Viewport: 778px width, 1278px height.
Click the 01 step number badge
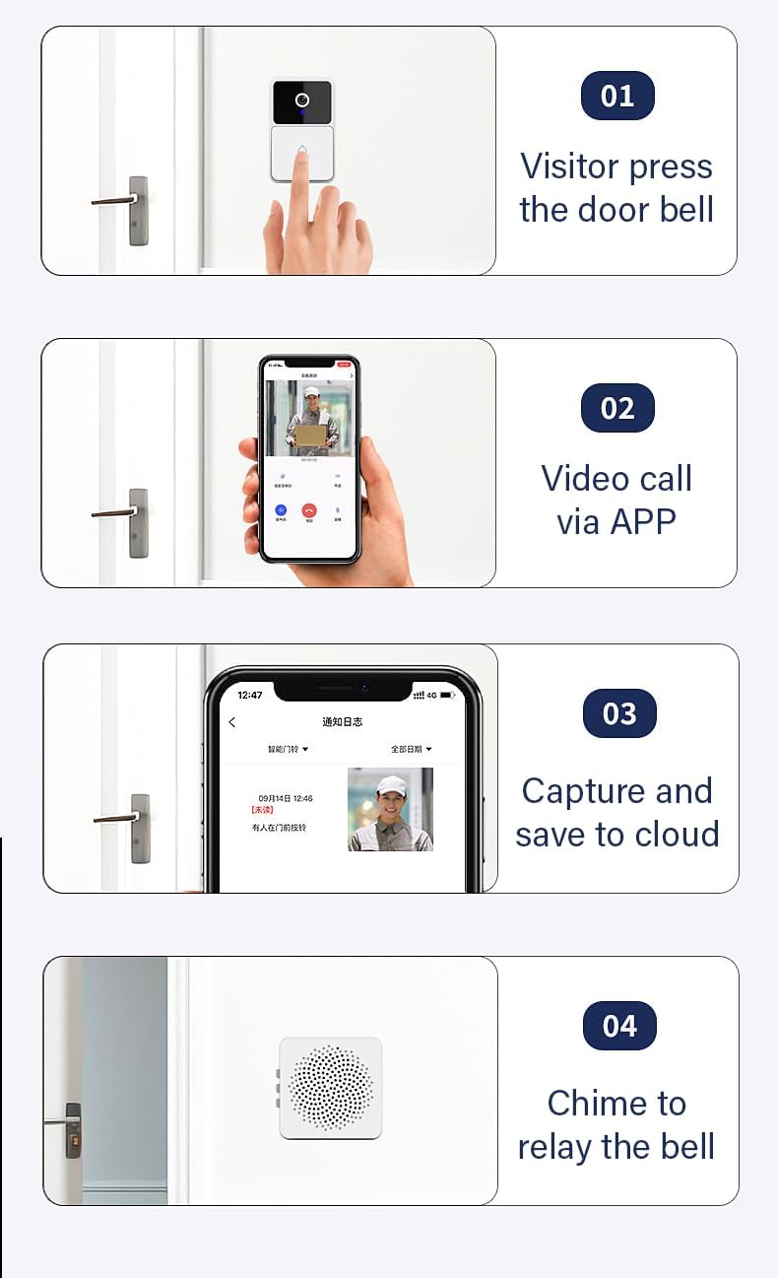pyautogui.click(x=617, y=96)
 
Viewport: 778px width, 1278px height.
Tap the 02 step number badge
pyautogui.click(x=617, y=408)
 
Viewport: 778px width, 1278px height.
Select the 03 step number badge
pyautogui.click(x=619, y=713)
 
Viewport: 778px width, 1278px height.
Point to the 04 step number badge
pyautogui.click(x=619, y=1026)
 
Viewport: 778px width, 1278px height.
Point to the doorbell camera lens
pyautogui.click(x=302, y=101)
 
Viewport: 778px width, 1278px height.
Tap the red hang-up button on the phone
pyautogui.click(x=309, y=510)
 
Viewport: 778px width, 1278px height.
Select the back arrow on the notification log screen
pyautogui.click(x=232, y=722)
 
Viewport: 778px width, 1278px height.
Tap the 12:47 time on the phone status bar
pyautogui.click(x=250, y=696)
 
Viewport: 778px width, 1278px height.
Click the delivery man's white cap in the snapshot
pyautogui.click(x=391, y=785)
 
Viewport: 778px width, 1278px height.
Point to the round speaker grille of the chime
pyautogui.click(x=331, y=1088)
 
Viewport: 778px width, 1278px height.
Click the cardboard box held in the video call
pyautogui.click(x=311, y=435)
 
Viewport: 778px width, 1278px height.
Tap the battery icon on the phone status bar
pyautogui.click(x=447, y=696)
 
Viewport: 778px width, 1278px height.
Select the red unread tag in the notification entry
pyautogui.click(x=262, y=810)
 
